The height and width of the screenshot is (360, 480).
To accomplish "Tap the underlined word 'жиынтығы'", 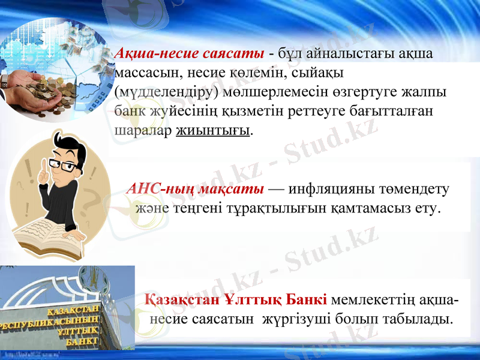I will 213,130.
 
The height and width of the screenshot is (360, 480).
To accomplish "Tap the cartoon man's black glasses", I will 64,164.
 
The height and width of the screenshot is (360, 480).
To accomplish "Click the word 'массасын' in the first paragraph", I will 139,73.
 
